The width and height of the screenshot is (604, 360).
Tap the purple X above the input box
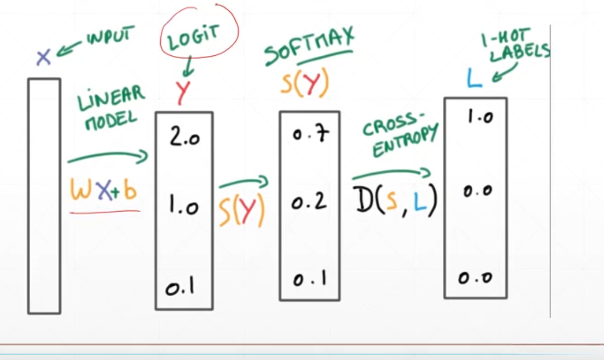pyautogui.click(x=44, y=57)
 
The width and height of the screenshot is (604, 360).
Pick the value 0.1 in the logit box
pyautogui.click(x=179, y=289)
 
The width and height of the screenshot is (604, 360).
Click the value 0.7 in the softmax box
pyautogui.click(x=308, y=134)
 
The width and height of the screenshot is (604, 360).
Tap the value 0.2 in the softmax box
pyautogui.click(x=309, y=203)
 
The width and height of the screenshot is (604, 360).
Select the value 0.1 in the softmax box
pyautogui.click(x=309, y=280)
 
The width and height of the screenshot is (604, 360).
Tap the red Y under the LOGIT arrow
pyautogui.click(x=183, y=92)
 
